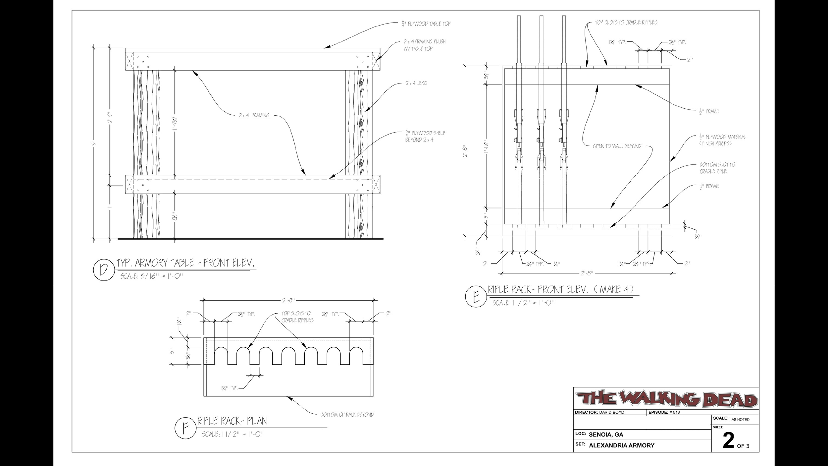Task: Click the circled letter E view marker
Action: (x=476, y=297)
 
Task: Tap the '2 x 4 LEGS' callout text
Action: (x=416, y=83)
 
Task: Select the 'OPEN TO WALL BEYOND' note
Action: (x=617, y=146)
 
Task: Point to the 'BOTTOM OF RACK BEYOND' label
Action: (x=347, y=415)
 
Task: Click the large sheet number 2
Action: (x=728, y=441)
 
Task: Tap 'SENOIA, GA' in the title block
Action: (x=606, y=435)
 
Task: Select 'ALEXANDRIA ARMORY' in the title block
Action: (x=622, y=445)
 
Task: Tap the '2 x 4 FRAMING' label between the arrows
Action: (x=254, y=116)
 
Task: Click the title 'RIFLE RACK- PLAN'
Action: (x=233, y=421)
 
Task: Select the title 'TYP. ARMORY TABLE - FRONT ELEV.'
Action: (x=185, y=263)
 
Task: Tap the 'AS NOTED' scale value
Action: (x=740, y=420)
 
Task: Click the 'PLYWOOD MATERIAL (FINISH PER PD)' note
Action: (x=722, y=140)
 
